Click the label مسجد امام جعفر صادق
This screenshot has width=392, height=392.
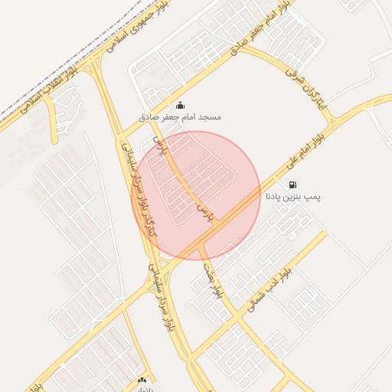coord(180,117)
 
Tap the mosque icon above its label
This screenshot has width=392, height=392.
coord(180,105)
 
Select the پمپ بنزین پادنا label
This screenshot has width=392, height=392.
coord(294,197)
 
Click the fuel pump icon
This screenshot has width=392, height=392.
coord(293,185)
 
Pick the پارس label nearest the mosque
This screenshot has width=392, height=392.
coord(158,145)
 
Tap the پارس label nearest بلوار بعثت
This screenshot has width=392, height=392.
coord(204,214)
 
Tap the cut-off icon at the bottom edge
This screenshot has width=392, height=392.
coord(142,381)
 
